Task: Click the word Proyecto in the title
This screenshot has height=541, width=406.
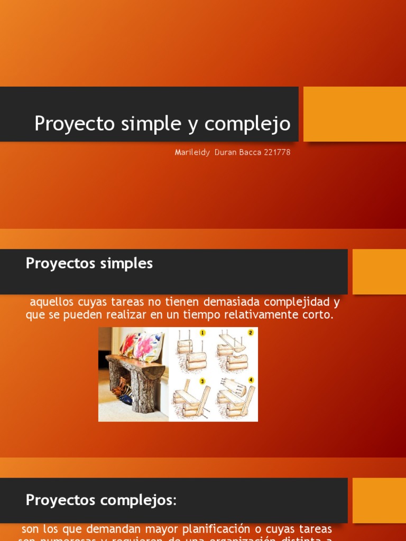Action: click(74, 124)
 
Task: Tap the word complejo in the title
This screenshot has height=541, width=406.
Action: click(247, 124)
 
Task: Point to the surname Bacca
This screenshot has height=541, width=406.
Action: click(246, 153)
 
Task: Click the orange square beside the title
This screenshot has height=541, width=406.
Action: click(354, 114)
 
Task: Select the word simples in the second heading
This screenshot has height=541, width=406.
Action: click(126, 263)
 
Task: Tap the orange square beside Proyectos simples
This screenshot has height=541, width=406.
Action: click(379, 272)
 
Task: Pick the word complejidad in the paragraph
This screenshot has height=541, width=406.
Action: click(298, 302)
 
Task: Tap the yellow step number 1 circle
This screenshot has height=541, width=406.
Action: click(202, 333)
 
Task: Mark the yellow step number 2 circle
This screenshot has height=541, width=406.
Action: click(251, 333)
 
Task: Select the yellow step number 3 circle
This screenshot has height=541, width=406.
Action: click(202, 380)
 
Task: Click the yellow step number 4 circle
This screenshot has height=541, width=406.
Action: click(251, 379)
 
